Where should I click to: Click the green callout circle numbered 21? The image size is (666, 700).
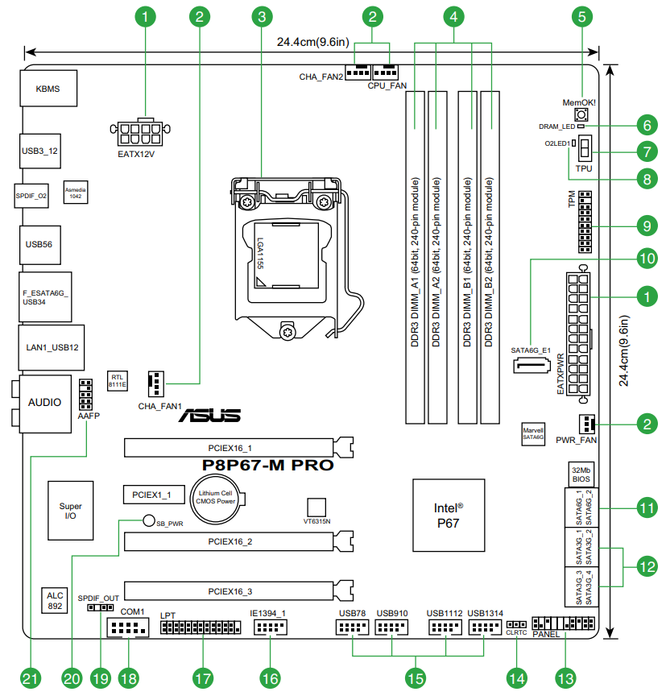click(x=30, y=678)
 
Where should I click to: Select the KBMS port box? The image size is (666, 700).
click(x=48, y=89)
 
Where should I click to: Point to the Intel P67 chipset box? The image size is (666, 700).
click(x=448, y=515)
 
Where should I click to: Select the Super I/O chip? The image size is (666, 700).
click(x=70, y=512)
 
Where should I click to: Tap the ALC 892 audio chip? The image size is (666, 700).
click(x=55, y=600)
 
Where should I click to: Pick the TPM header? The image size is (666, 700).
click(x=583, y=221)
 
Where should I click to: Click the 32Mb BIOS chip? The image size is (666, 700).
click(x=581, y=474)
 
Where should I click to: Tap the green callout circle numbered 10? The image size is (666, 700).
click(x=646, y=258)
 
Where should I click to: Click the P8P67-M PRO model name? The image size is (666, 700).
click(x=267, y=466)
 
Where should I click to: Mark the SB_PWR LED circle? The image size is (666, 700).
click(x=148, y=521)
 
